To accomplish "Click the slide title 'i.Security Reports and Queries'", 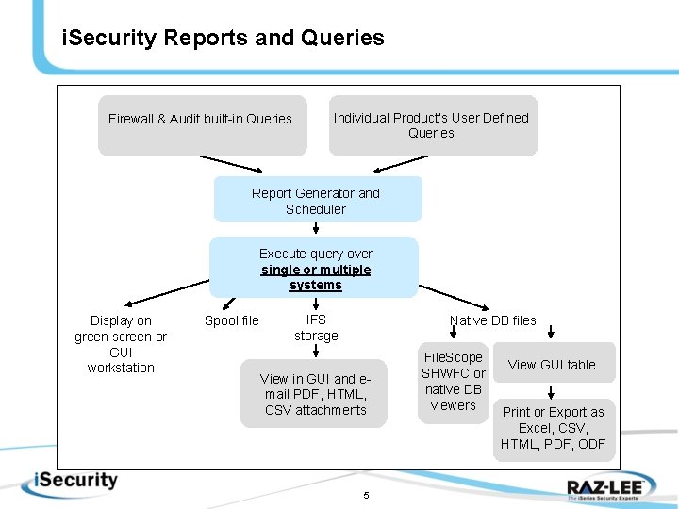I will click(223, 39).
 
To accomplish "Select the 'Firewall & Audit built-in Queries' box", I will click(202, 124).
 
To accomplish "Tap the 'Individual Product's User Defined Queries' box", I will click(432, 125).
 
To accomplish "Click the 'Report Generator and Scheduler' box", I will click(317, 200).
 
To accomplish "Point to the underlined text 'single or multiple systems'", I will click(316, 277).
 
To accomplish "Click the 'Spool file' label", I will click(231, 320).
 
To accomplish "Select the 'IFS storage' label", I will click(316, 328).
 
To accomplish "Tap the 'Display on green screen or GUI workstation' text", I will click(121, 344).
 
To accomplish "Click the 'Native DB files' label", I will click(492, 320).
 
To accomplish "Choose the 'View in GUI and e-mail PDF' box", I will click(314, 394).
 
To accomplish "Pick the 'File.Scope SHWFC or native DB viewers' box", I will click(453, 381).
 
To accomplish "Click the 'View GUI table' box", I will click(552, 365).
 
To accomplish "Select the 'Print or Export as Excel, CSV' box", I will click(554, 428).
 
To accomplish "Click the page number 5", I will click(366, 496).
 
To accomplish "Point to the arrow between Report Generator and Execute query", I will click(315, 227).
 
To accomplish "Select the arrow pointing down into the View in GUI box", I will click(315, 352).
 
